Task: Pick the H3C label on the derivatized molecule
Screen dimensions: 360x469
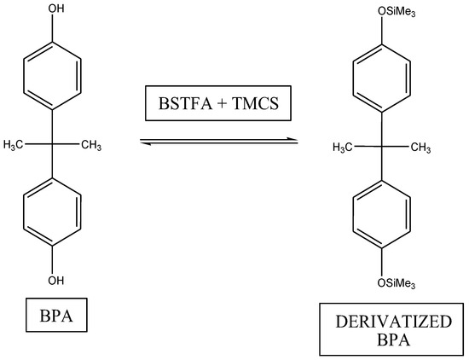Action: [x=346, y=148]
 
